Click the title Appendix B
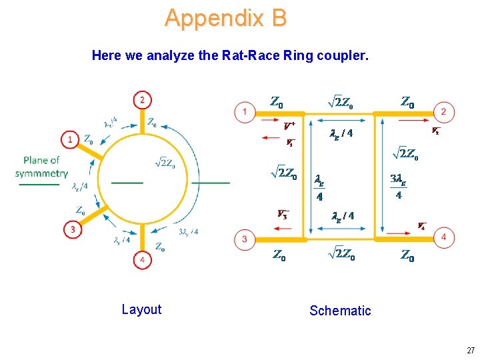coord(225,18)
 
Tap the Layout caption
coord(141,309)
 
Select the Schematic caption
coord(340,311)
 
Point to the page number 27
coord(469,350)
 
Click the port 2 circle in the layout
coord(141,100)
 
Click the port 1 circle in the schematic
coord(245,111)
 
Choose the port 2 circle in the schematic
coord(444,111)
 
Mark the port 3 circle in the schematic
coord(245,239)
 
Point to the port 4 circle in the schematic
coord(444,237)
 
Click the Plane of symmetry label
coord(41,167)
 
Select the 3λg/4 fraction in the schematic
coord(398,187)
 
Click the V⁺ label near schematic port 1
coord(289,125)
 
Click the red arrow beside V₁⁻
coord(272,138)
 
